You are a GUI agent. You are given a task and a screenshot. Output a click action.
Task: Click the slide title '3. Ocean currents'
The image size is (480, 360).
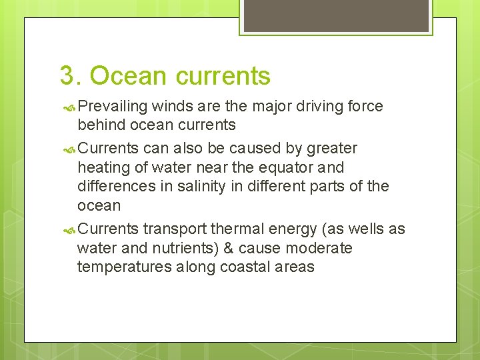coord(165,76)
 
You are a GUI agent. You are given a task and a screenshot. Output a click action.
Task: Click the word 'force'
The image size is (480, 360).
coord(365,107)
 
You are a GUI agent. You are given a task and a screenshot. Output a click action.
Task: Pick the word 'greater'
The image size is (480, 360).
coord(331,148)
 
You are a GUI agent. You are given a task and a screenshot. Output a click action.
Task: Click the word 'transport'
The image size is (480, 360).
coord(175,229)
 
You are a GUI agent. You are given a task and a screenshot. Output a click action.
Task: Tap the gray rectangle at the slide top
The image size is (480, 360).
coord(335,15)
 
